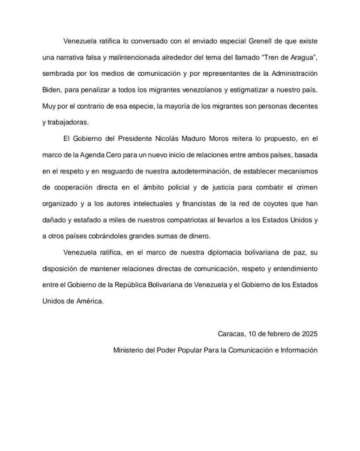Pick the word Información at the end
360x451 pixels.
coord(299,351)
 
